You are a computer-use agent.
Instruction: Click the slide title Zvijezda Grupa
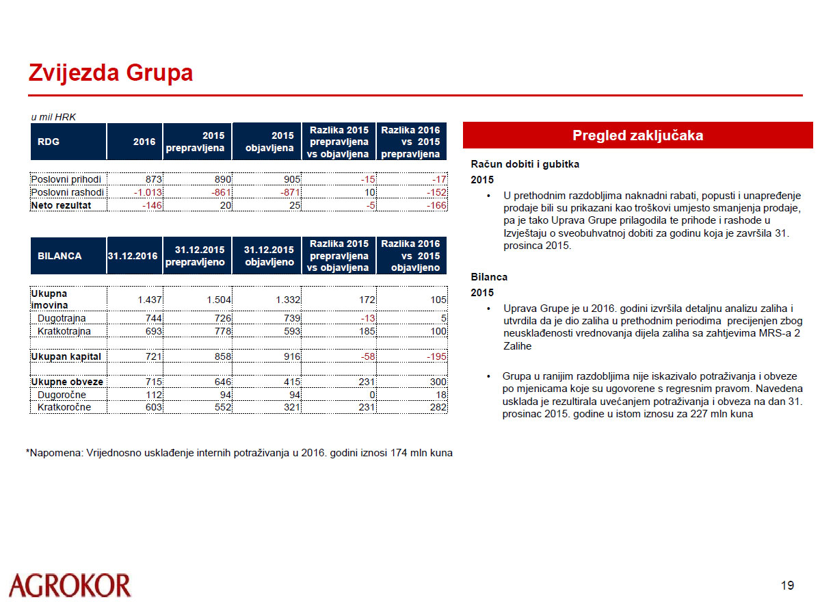coord(110,73)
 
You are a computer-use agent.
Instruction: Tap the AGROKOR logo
coord(70,586)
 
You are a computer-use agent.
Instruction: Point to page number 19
coord(787,585)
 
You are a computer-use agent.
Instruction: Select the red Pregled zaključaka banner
coord(637,135)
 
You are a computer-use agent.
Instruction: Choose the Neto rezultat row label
coord(60,205)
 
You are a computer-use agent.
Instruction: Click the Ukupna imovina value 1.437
coord(148,300)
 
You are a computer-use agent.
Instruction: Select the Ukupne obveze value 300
coord(437,382)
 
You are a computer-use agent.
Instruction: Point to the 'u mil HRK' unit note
coord(53,117)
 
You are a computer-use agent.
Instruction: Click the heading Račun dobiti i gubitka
coord(525,164)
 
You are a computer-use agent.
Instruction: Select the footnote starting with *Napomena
coord(239,453)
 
